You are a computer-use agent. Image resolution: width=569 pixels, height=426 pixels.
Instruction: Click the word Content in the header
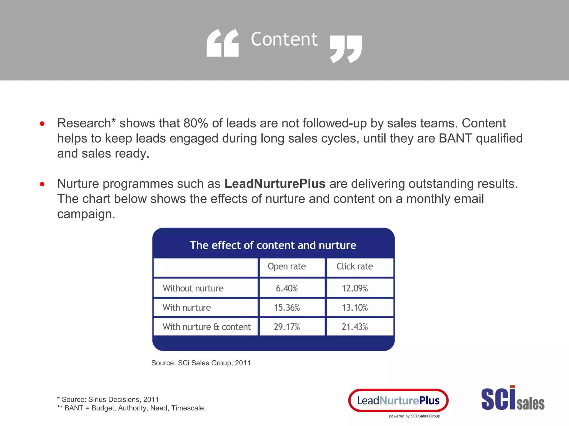(x=284, y=39)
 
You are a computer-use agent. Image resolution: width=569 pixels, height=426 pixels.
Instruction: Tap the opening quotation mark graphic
(x=223, y=43)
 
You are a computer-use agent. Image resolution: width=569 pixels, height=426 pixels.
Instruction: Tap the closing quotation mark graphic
(x=346, y=49)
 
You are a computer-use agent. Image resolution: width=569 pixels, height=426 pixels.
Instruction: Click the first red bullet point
(x=42, y=124)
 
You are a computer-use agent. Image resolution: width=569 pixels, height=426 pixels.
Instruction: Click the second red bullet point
(x=42, y=184)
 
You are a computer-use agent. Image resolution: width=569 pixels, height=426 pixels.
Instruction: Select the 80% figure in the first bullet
(x=196, y=123)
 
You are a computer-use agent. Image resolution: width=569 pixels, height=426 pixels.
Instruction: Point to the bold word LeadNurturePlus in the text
(x=275, y=184)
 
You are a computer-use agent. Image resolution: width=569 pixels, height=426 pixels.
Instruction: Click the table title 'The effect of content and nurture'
(x=273, y=245)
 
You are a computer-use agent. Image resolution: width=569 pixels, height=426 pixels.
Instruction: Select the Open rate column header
(x=287, y=267)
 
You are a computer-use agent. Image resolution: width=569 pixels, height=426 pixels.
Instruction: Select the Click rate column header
(x=355, y=267)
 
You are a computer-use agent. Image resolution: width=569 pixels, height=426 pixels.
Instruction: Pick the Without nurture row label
(x=193, y=288)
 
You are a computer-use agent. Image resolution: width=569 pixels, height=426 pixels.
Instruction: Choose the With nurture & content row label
(x=206, y=327)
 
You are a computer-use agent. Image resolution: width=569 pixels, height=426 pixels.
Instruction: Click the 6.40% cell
(x=287, y=288)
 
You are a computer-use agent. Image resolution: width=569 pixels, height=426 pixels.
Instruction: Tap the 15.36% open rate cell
(x=287, y=308)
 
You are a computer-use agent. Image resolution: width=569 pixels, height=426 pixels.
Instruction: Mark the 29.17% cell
(x=287, y=327)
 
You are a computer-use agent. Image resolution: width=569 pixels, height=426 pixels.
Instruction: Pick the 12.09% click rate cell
(x=355, y=288)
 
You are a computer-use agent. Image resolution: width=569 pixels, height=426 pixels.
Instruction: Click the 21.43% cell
(x=355, y=327)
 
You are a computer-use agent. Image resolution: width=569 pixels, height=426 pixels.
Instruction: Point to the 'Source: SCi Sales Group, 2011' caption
(x=201, y=363)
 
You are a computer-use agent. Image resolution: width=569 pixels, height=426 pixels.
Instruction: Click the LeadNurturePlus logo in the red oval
(x=398, y=400)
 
